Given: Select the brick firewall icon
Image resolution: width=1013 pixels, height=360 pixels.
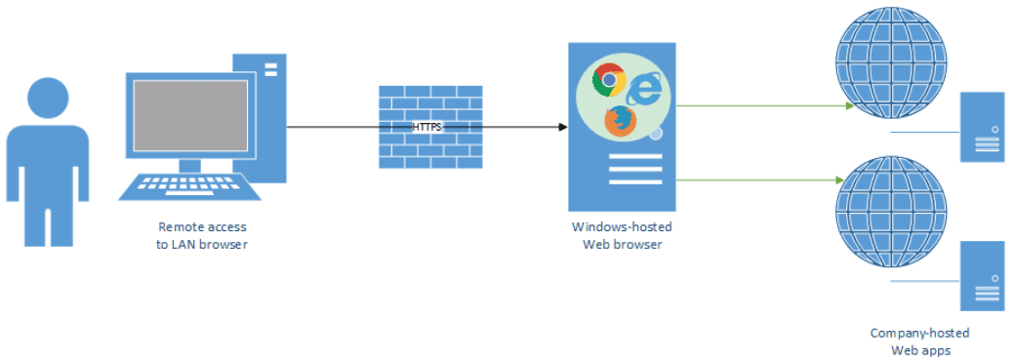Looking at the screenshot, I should (x=429, y=127).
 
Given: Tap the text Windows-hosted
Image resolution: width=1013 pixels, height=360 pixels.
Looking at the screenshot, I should (x=622, y=226).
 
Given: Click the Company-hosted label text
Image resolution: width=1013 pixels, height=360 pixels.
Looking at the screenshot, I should (x=919, y=334).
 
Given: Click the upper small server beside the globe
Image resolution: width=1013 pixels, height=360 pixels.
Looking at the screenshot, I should (x=982, y=127).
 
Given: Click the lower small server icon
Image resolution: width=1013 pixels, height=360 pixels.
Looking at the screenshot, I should (x=982, y=275).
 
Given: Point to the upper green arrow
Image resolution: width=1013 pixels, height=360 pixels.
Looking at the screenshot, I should (x=761, y=104).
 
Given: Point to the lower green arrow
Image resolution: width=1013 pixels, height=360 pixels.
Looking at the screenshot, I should (x=761, y=180).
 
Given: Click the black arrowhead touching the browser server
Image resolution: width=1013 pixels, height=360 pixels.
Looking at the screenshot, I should (x=562, y=127).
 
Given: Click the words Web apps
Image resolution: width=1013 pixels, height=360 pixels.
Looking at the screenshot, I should (x=919, y=349).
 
